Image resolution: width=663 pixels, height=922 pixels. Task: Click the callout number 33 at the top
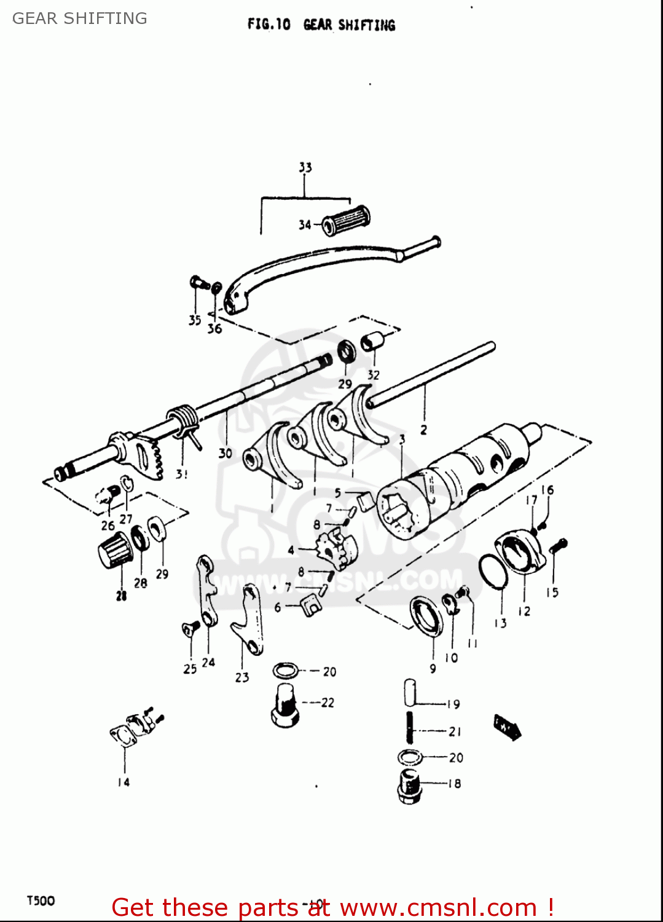tap(305, 167)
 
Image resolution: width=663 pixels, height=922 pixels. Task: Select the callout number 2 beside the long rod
tap(423, 430)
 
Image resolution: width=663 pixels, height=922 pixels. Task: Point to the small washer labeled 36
tap(216, 287)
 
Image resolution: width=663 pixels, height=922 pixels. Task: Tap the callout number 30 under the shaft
tap(226, 453)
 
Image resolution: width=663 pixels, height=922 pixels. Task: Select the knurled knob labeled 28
tap(115, 550)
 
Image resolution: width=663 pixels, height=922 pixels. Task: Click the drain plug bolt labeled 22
tap(284, 706)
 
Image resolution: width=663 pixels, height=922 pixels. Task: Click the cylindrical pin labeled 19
tap(410, 693)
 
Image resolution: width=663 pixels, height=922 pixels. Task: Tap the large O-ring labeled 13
tap(492, 571)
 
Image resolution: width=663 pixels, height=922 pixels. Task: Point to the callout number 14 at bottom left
tap(124, 782)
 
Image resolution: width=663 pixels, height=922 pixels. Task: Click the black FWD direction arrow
tap(508, 727)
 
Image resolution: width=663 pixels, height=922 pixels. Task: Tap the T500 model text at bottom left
tap(41, 900)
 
